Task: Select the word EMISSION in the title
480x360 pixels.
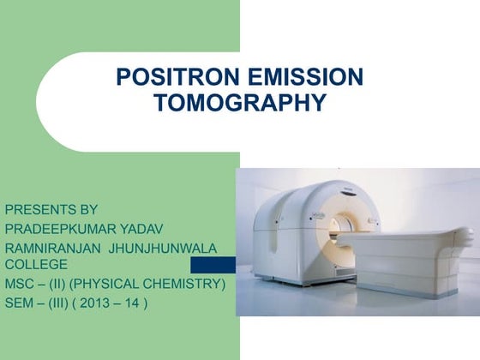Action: [x=300, y=78]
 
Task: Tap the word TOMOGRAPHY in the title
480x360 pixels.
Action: [x=239, y=104]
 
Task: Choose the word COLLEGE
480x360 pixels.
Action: [x=36, y=264]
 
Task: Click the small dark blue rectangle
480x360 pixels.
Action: [x=213, y=265]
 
